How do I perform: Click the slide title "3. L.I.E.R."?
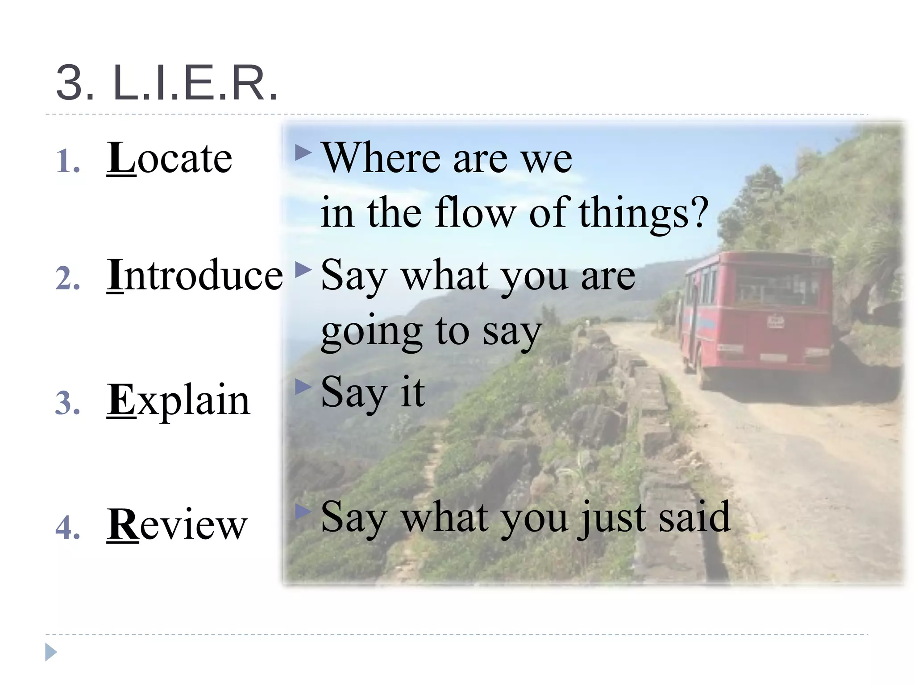pyautogui.click(x=167, y=83)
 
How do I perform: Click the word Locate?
pyautogui.click(x=170, y=158)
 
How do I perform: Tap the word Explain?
pyautogui.click(x=179, y=400)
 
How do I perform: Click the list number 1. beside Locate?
pyautogui.click(x=68, y=161)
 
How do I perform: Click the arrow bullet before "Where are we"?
pyautogui.click(x=303, y=153)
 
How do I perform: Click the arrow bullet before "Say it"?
pyautogui.click(x=303, y=387)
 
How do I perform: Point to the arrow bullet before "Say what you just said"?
pyautogui.click(x=303, y=512)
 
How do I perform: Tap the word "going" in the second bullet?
pyautogui.click(x=372, y=332)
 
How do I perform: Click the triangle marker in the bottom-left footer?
pyautogui.click(x=51, y=652)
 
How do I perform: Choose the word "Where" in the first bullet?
pyautogui.click(x=381, y=158)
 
